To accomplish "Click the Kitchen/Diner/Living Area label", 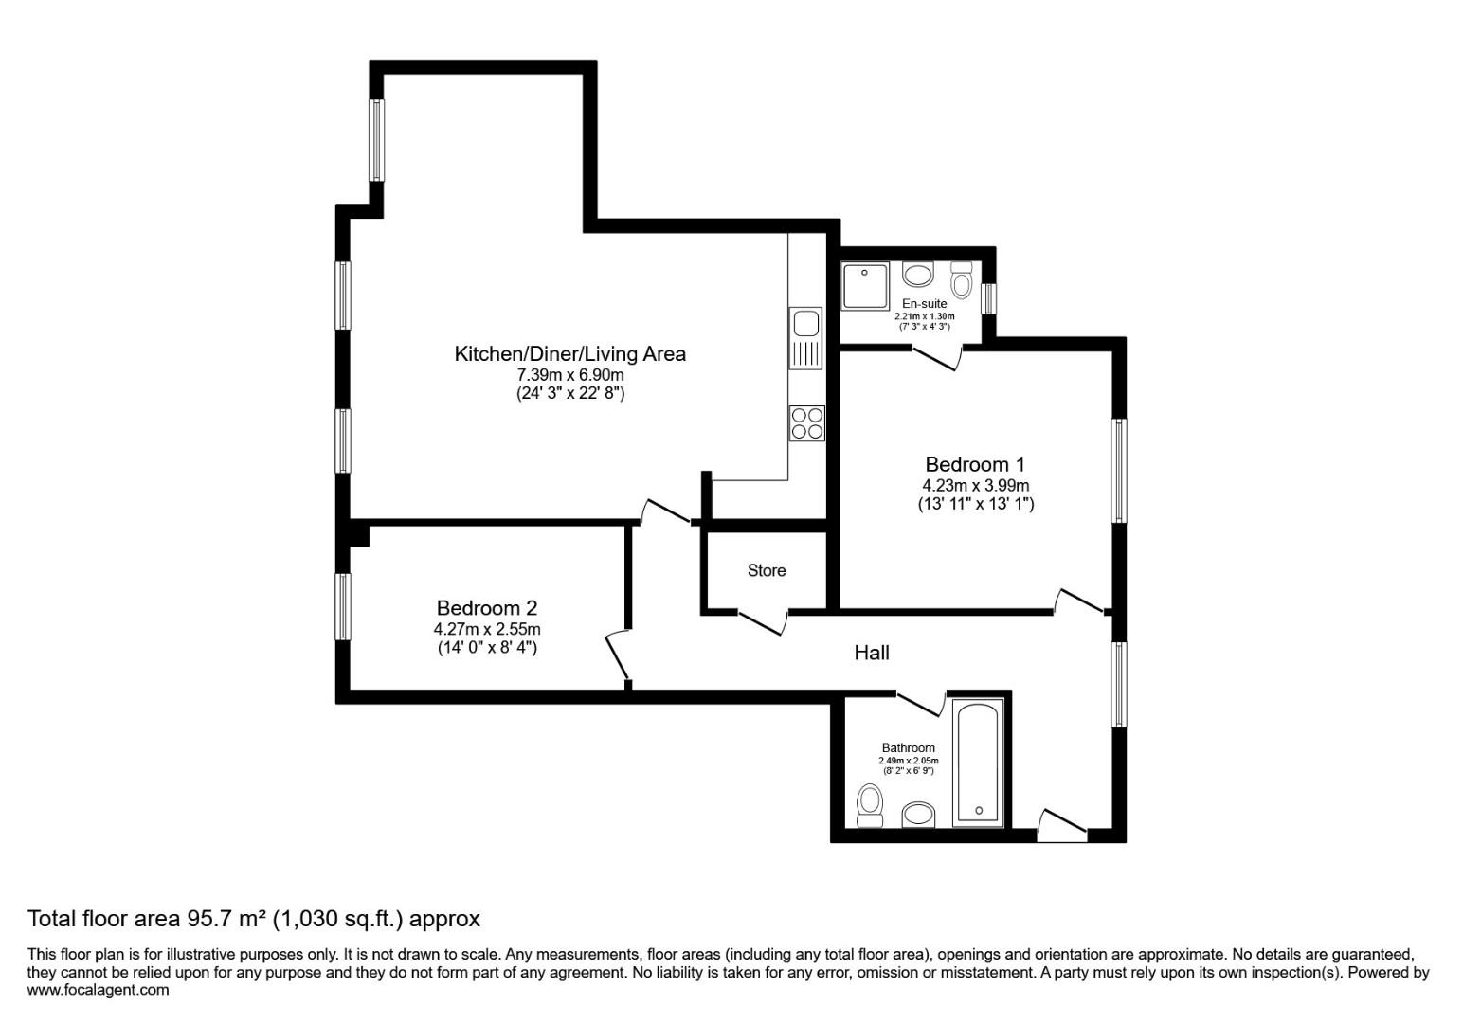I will [569, 354].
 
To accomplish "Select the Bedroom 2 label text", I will [487, 608].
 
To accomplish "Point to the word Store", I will [767, 570].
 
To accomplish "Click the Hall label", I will [872, 653].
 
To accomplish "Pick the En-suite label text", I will [924, 304].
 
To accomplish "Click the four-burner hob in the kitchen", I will [806, 422].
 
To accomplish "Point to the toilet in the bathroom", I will [869, 805].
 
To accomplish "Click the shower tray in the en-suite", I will [863, 286].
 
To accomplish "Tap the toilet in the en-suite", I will [962, 280].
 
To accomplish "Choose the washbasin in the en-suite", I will [917, 275].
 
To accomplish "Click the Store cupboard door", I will [762, 623].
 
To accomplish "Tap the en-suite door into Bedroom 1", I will [937, 357].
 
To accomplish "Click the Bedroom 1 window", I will [1119, 471].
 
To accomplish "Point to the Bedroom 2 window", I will [343, 605].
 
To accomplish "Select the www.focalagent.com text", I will [99, 990].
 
